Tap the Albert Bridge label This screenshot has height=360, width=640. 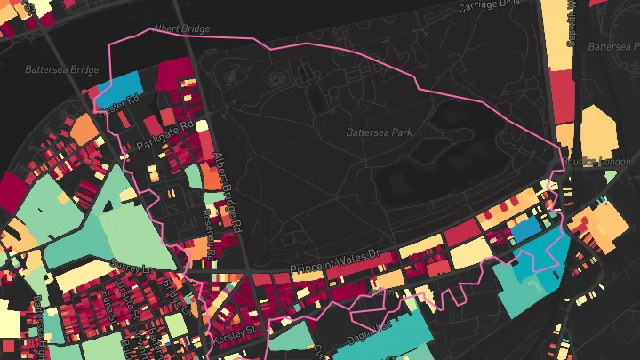click(180, 29)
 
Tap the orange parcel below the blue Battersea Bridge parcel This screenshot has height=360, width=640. click(84, 130)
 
